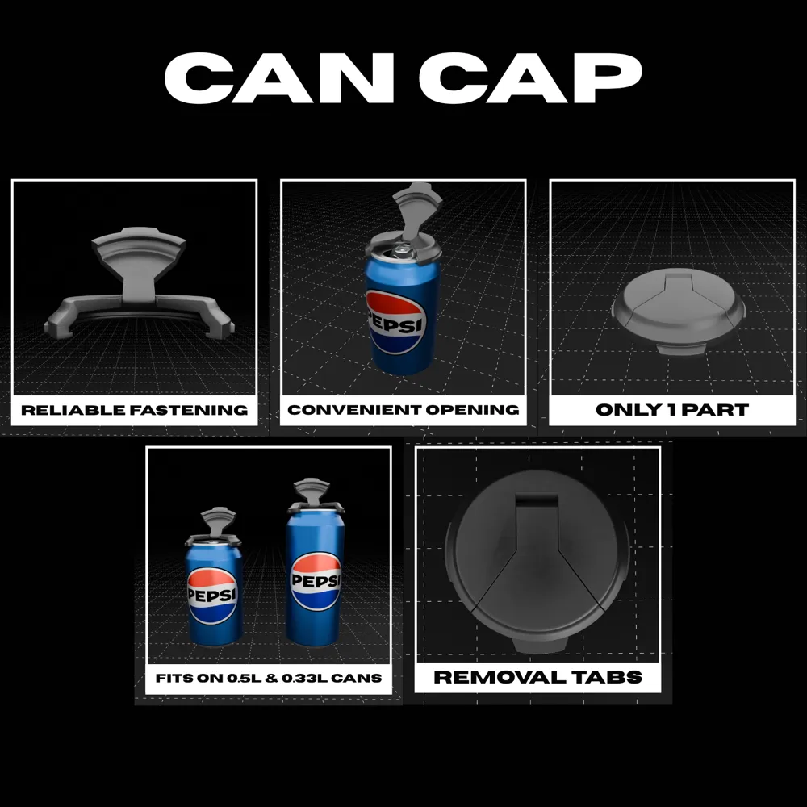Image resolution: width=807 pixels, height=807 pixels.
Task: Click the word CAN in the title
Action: (x=279, y=77)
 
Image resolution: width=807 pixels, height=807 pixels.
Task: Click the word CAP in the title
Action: (x=531, y=77)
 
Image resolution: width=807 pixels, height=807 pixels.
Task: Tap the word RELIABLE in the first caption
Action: (x=73, y=410)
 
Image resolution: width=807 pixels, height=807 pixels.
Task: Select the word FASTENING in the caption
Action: (x=188, y=410)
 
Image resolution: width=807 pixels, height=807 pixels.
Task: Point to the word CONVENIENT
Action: (x=354, y=410)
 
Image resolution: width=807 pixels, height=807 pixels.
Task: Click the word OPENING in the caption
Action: (x=472, y=410)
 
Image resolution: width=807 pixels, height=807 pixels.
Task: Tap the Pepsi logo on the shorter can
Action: (x=212, y=596)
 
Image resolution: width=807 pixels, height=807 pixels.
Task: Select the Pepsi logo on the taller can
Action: (x=316, y=580)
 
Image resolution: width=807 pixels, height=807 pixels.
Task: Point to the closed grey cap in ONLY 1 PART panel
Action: (x=679, y=312)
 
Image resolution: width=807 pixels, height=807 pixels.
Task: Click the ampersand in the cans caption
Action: (x=272, y=678)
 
